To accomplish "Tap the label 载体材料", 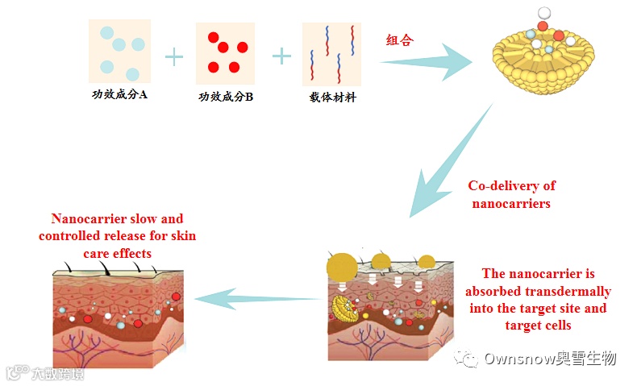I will click(332, 98).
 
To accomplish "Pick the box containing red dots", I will click(225, 52).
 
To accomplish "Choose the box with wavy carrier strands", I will click(331, 54).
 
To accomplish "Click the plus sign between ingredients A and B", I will click(173, 56).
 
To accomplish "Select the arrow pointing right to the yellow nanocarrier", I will click(427, 60).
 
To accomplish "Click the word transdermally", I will click(570, 291).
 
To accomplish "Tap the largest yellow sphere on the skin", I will click(343, 267).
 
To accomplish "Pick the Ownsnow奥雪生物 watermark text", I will click(549, 358).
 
